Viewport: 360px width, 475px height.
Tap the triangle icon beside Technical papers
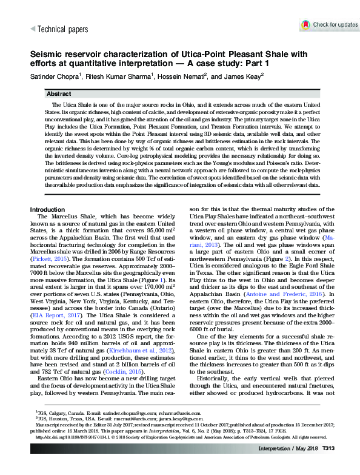click(x=33, y=29)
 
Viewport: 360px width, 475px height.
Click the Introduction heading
click(x=52, y=209)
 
